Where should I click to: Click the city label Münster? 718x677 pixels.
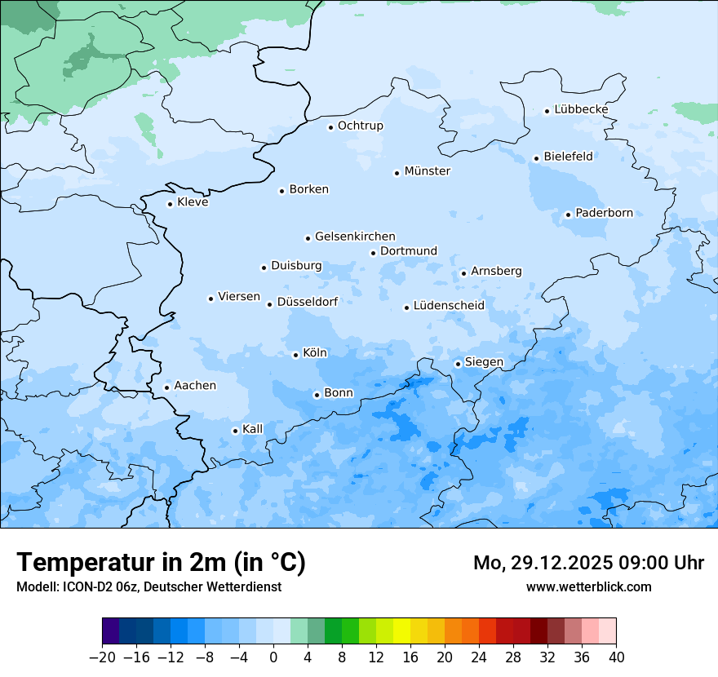click(427, 171)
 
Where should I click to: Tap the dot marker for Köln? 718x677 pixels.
click(295, 355)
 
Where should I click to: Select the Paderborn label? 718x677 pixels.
click(604, 214)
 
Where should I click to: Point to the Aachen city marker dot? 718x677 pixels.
click(166, 387)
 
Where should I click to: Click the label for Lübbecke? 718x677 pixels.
click(581, 109)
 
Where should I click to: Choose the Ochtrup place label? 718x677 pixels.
click(360, 126)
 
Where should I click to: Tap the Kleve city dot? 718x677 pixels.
click(170, 204)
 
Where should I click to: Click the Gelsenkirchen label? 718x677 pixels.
click(355, 237)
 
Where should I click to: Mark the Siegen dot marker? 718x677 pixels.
click(458, 364)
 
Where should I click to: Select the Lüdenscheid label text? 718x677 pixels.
click(449, 306)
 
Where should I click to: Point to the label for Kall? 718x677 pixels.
click(252, 429)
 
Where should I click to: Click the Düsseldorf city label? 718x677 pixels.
click(308, 302)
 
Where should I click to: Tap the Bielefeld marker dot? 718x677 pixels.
click(536, 158)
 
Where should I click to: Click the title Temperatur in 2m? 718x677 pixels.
click(162, 563)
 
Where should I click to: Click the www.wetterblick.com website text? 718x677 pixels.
click(588, 586)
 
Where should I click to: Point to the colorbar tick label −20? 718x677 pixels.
click(102, 657)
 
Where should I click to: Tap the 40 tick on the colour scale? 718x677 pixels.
click(616, 657)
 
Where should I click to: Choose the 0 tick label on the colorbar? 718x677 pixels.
click(273, 657)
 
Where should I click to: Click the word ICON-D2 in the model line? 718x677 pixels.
click(84, 586)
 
